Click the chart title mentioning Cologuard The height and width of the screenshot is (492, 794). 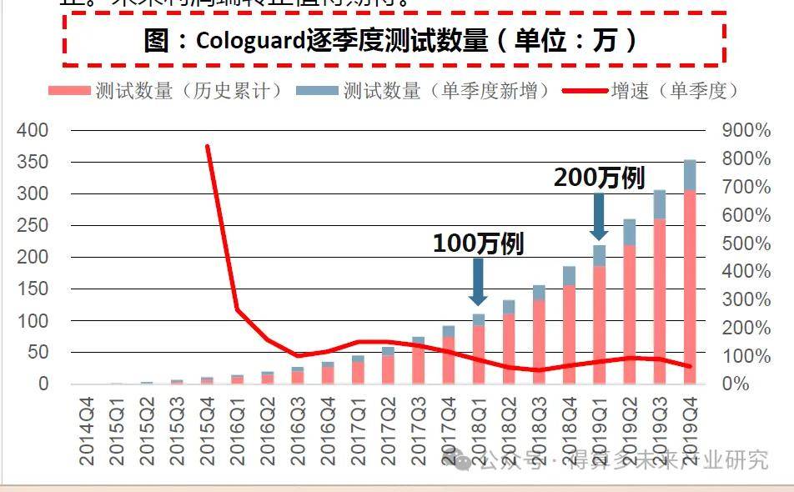point(392,40)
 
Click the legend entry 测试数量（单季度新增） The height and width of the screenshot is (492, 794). point(435,90)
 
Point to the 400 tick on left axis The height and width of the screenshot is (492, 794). point(33,130)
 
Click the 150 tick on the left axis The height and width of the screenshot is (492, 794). point(33,289)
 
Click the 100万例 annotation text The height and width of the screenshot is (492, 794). point(478,243)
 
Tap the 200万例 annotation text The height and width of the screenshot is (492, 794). point(599,178)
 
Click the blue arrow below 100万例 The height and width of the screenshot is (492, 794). point(478,281)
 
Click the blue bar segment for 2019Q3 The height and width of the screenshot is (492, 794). point(659,204)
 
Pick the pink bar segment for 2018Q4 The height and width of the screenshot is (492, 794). point(569,334)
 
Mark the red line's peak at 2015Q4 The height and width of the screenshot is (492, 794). point(207,147)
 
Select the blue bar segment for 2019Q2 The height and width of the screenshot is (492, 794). point(629,232)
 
